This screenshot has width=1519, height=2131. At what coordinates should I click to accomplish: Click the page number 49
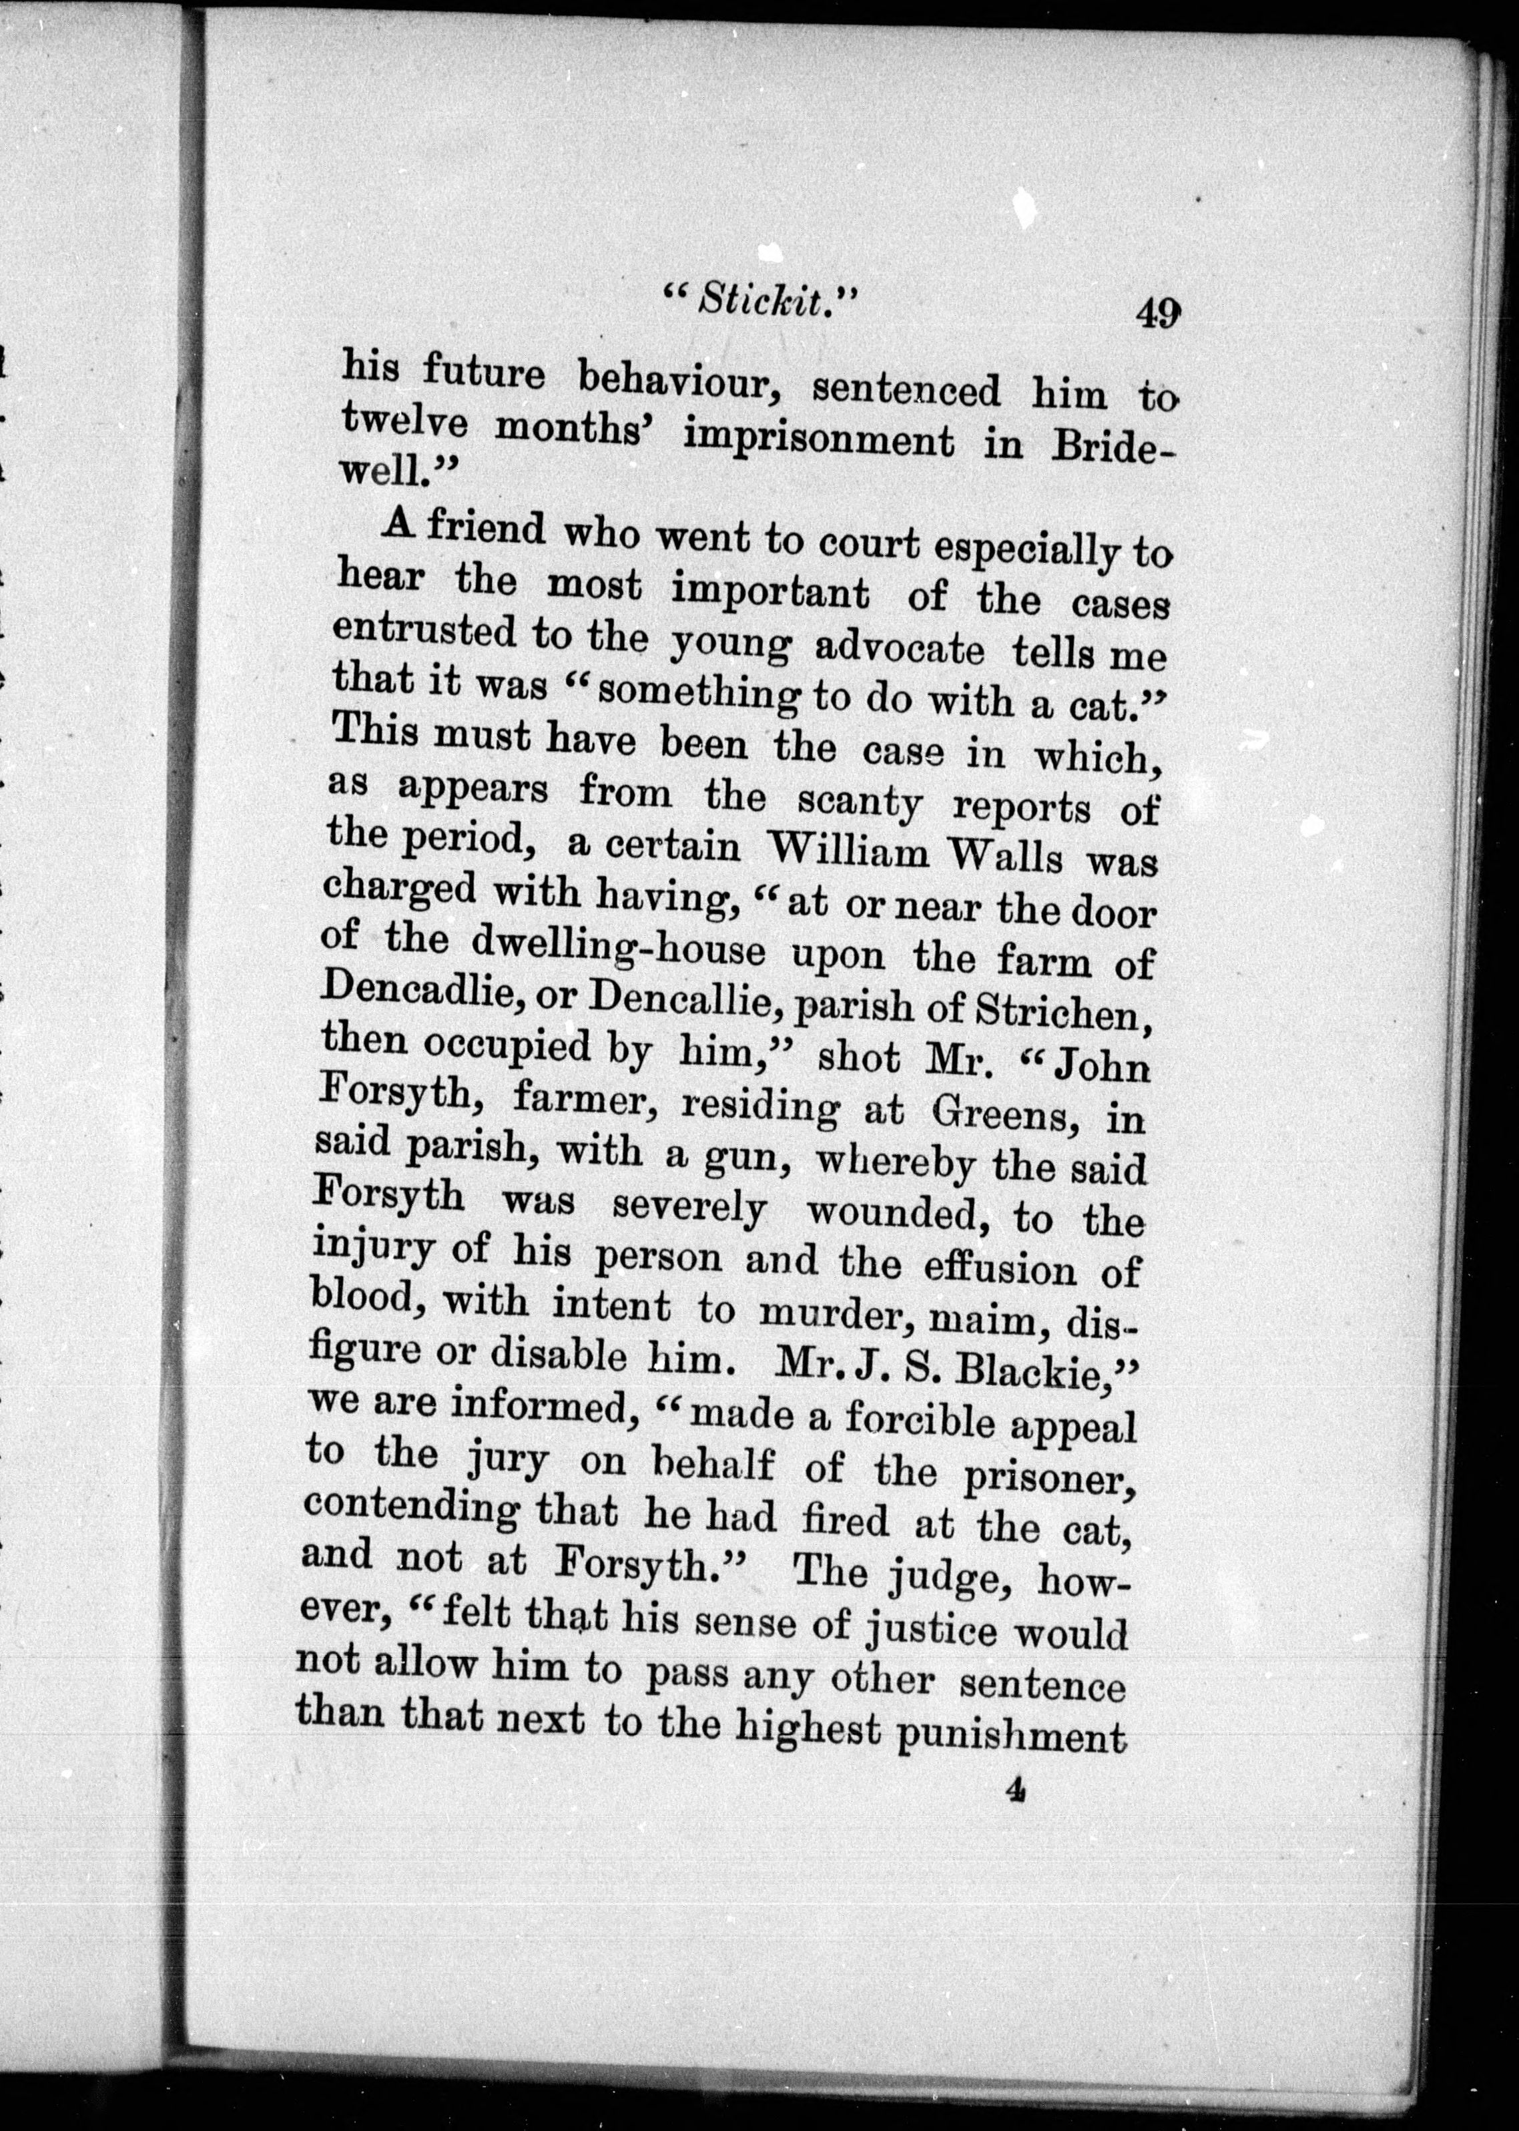[1157, 312]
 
